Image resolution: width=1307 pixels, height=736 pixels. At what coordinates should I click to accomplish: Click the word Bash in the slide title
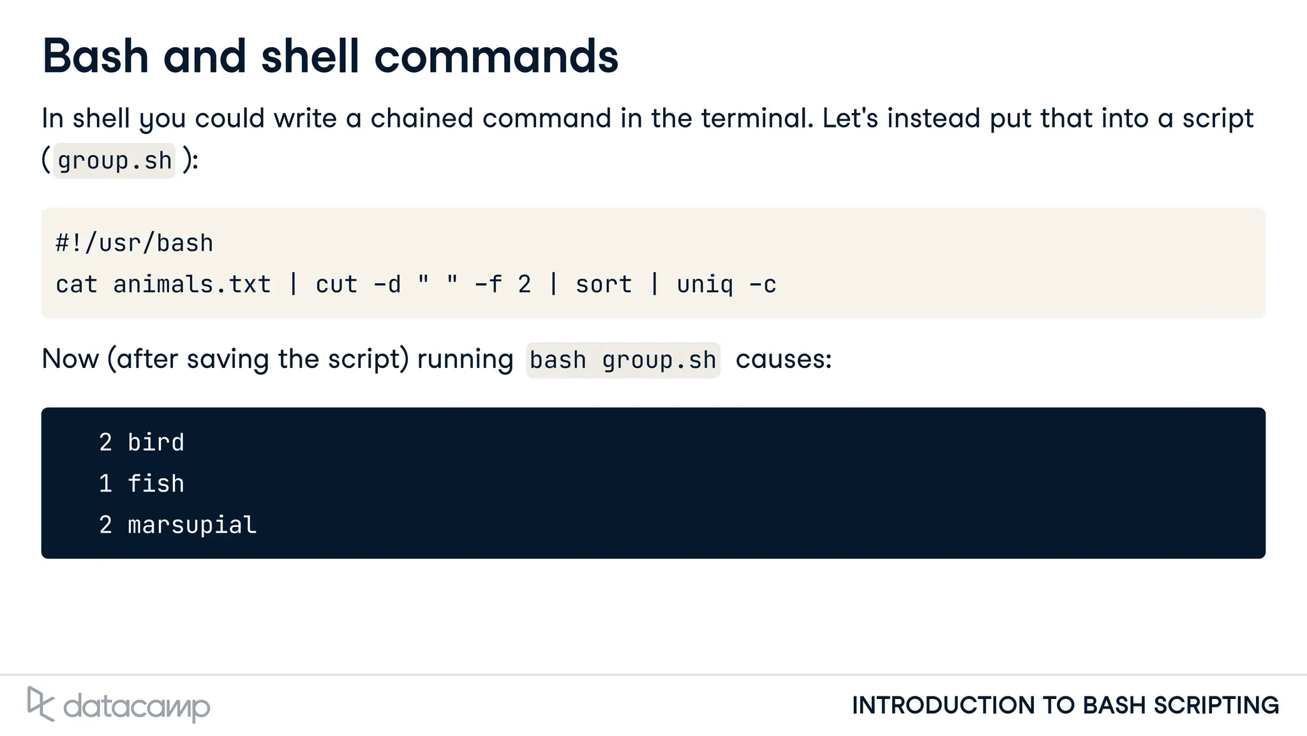[95, 56]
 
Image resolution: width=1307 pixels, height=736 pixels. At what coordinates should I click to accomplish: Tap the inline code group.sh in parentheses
[114, 161]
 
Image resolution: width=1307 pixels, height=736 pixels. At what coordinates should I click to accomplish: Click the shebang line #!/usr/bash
[134, 243]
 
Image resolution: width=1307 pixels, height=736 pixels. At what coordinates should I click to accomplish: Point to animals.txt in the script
[191, 284]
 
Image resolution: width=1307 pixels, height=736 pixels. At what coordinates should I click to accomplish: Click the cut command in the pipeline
[336, 284]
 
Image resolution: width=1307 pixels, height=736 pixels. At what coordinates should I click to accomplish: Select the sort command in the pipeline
[604, 284]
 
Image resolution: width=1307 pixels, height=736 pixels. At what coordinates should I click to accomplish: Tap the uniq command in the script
[705, 284]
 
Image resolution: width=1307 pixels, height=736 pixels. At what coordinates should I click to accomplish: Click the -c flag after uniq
[763, 284]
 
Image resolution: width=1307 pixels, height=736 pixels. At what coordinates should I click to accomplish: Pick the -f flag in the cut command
[488, 284]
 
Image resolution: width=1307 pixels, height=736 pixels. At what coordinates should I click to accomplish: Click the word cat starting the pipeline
[77, 284]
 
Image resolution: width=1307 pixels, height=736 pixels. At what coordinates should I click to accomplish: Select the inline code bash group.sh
[623, 360]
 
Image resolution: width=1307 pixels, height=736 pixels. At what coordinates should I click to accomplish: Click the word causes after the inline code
[783, 359]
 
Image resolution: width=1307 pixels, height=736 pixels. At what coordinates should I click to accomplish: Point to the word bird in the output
[156, 443]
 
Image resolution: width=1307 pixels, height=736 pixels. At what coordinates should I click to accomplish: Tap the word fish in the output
[156, 483]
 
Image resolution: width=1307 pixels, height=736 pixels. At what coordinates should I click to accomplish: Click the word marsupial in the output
[192, 525]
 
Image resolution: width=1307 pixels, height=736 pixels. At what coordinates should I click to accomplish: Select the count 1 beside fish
[105, 483]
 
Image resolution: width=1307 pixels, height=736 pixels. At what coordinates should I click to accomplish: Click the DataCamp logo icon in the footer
[40, 704]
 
